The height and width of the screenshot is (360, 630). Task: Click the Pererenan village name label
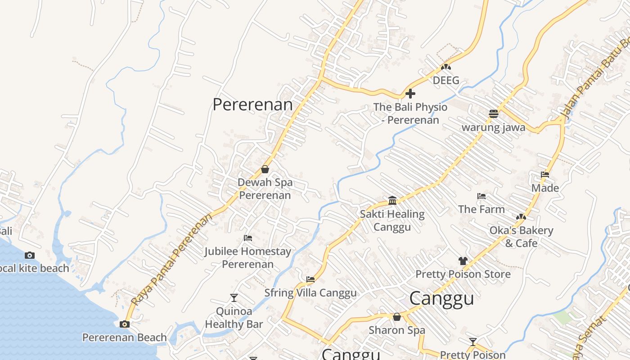[x=252, y=104]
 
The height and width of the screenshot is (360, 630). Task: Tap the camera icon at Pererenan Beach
[x=125, y=324]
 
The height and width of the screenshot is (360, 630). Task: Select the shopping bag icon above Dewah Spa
[x=265, y=170]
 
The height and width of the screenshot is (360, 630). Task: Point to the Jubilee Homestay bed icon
[x=248, y=238]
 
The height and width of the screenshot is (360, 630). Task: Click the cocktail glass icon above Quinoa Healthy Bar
[x=234, y=297]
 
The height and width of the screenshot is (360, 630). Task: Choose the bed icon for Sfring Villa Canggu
[x=310, y=279]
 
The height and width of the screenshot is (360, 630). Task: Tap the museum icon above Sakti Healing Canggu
[x=392, y=200]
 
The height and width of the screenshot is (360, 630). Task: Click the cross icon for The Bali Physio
[x=410, y=94]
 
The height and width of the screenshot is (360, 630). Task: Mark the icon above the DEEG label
[x=446, y=67]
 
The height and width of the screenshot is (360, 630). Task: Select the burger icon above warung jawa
[x=494, y=114]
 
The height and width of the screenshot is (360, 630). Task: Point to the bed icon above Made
[x=545, y=175]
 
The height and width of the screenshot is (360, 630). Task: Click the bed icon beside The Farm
[x=481, y=196]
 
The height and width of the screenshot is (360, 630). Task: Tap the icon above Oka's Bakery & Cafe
[x=521, y=217]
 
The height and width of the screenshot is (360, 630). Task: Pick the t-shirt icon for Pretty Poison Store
[x=463, y=261]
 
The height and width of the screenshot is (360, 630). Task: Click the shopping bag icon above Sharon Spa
[x=396, y=317]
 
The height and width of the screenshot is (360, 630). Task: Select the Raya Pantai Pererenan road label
[x=172, y=260]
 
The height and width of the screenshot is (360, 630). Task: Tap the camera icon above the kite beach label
[x=30, y=255]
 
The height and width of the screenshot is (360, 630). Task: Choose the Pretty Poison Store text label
[x=463, y=274]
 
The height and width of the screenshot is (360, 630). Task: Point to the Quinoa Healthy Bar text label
[x=234, y=317]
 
